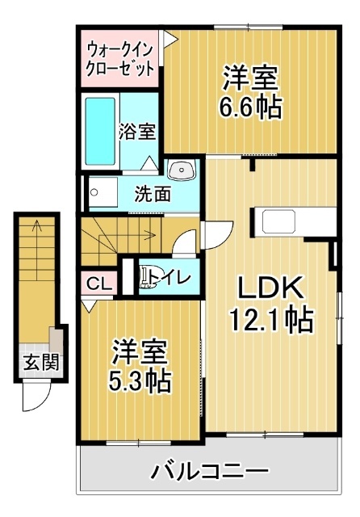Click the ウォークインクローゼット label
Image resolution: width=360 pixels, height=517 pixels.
(121, 58)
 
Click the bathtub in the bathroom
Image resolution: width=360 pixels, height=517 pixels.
(101, 128)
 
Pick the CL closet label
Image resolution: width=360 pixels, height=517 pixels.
(99, 284)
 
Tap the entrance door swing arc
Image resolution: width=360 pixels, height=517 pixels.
(34, 396)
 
